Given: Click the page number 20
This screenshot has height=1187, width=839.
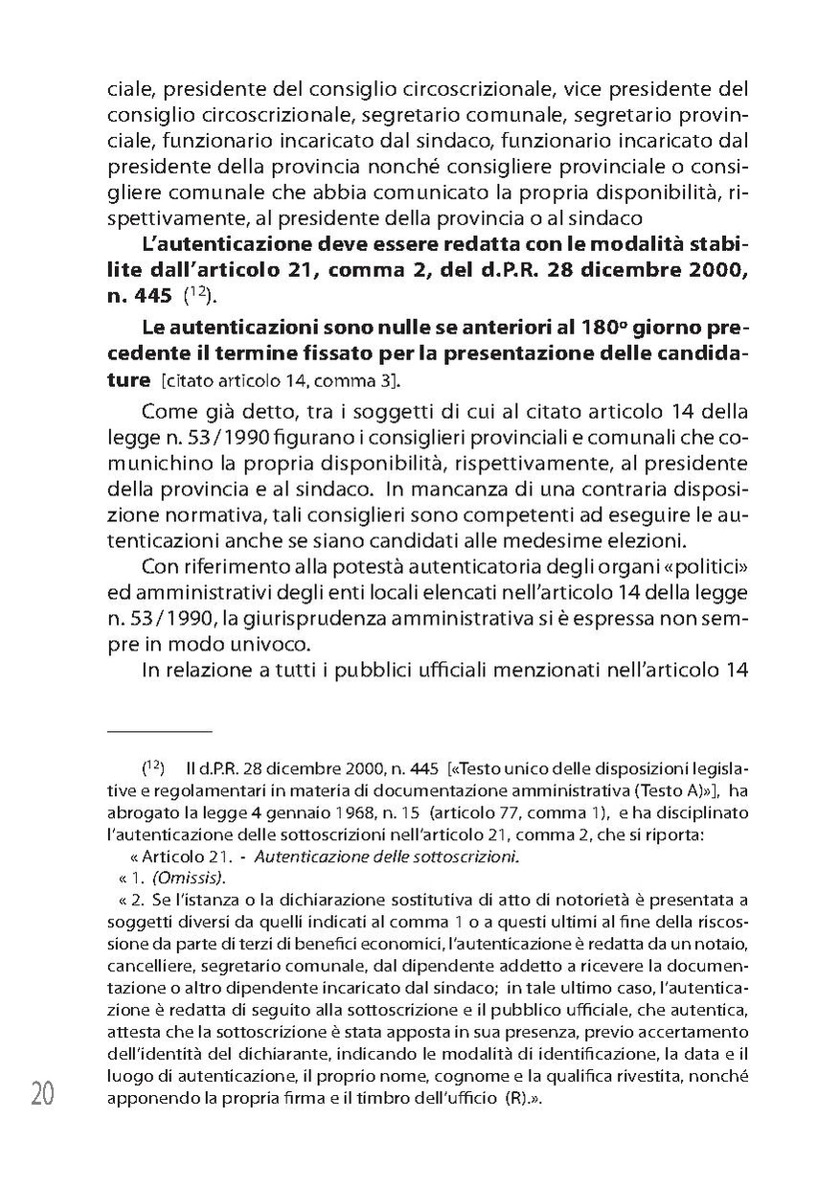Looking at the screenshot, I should coord(42,1094).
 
